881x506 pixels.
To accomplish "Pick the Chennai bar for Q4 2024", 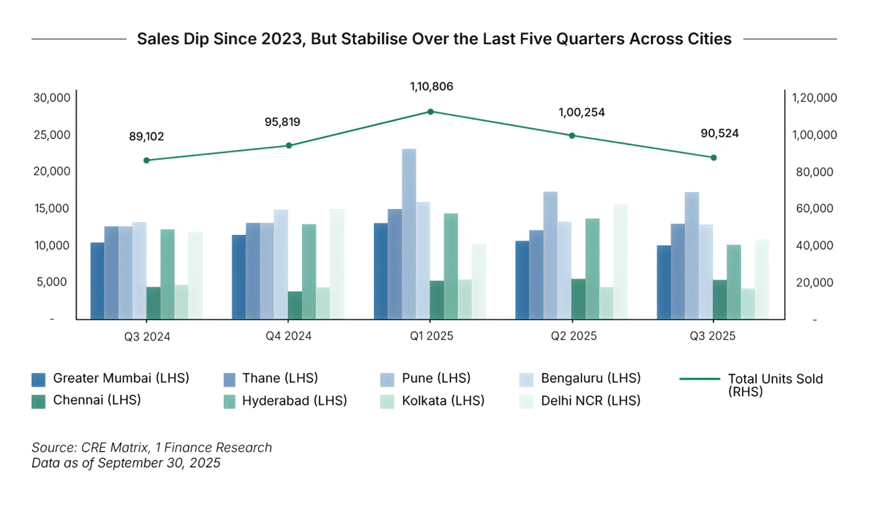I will (295, 305).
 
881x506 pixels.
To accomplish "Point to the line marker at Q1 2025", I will (430, 112).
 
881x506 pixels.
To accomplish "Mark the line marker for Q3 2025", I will (713, 158).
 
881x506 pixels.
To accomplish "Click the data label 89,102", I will (147, 137).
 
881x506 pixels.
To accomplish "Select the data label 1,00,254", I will (581, 112).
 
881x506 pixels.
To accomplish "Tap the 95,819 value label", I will (282, 122).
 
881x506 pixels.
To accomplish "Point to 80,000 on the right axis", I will (815, 172).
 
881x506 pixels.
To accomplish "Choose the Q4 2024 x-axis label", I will (288, 336).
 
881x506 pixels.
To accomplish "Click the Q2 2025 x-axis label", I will (573, 336).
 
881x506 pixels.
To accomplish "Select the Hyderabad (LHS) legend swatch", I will (229, 402).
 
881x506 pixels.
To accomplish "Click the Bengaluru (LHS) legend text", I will (591, 378).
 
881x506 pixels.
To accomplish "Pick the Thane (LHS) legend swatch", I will (229, 379).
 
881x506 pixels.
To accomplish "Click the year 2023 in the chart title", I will (281, 39).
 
